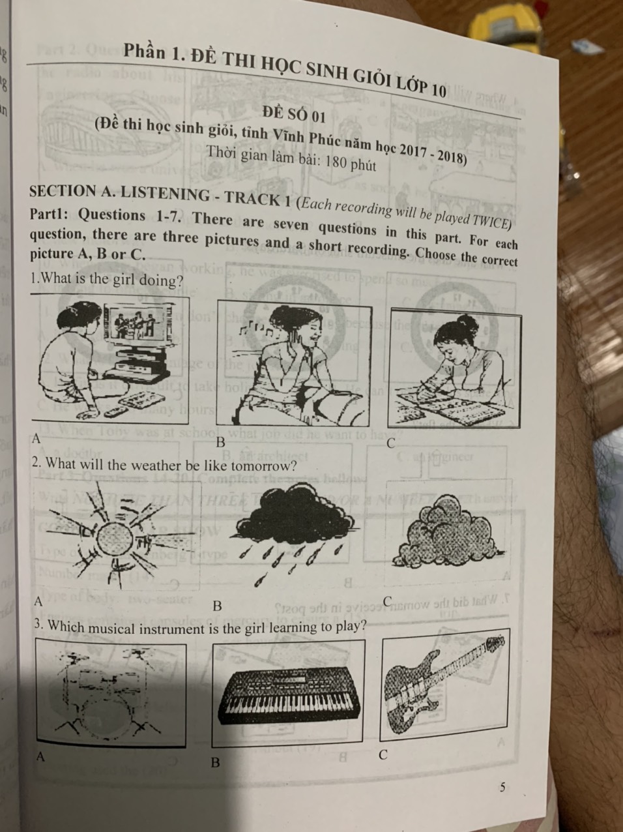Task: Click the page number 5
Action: point(502,787)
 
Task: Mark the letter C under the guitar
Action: point(383,755)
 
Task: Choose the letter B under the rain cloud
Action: point(217,606)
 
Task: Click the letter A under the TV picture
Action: point(36,439)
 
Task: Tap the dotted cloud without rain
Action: point(447,533)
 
